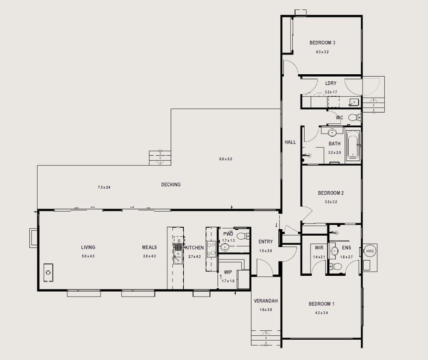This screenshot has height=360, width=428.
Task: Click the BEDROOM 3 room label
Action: click(x=322, y=43)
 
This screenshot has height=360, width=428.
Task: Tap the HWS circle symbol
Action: click(x=370, y=252)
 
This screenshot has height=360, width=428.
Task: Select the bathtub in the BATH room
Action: click(x=353, y=146)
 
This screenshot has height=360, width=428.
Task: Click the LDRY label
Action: click(x=330, y=84)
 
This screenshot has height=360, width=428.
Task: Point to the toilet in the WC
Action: click(x=353, y=117)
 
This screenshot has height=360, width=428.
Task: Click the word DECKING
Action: click(x=171, y=185)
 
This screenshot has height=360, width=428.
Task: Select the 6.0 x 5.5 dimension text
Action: click(x=226, y=159)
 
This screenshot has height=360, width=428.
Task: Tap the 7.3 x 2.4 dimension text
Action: click(x=104, y=188)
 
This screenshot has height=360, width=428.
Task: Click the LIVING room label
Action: click(x=88, y=247)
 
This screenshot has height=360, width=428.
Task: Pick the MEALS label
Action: click(x=149, y=247)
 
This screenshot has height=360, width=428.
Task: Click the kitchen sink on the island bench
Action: click(x=177, y=247)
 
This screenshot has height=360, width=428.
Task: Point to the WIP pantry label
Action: click(x=228, y=272)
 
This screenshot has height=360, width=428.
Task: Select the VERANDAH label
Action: click(x=266, y=301)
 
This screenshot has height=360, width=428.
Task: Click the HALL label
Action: click(x=290, y=142)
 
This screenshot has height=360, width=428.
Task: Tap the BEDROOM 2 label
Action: click(x=330, y=193)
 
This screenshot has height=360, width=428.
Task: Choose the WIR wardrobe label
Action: click(x=319, y=248)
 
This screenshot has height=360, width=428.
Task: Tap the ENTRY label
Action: click(x=266, y=242)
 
